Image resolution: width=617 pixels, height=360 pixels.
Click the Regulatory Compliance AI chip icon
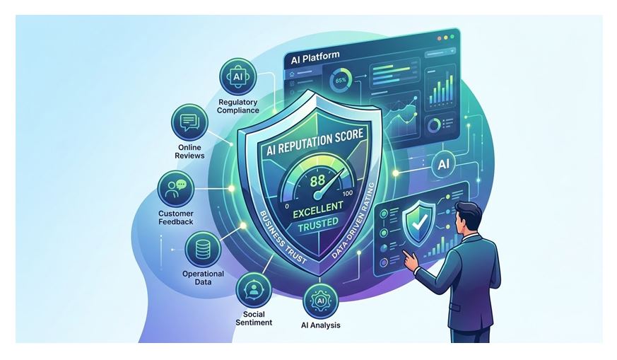pyautogui.click(x=237, y=76)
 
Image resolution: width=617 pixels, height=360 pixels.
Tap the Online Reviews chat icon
pyautogui.click(x=190, y=122)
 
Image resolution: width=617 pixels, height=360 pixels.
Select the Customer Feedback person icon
pyautogui.click(x=176, y=188)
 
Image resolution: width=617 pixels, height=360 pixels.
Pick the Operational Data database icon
pyautogui.click(x=203, y=249)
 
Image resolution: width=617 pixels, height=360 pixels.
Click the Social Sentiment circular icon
pyautogui.click(x=254, y=289)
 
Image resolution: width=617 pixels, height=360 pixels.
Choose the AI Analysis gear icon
pyautogui.click(x=320, y=301)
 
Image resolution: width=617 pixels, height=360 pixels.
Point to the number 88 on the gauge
pyautogui.click(x=317, y=181)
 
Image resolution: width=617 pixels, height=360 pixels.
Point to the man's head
pyautogui.click(x=469, y=217)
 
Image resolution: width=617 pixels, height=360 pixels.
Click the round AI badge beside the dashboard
pyautogui.click(x=443, y=164)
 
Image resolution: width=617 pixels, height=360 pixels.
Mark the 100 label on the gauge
pyautogui.click(x=348, y=193)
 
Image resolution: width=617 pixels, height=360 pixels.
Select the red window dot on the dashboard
pyautogui.click(x=439, y=38)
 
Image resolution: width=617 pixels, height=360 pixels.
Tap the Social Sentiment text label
pyautogui.click(x=254, y=318)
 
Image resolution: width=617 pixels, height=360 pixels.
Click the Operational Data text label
pyautogui.click(x=203, y=278)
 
